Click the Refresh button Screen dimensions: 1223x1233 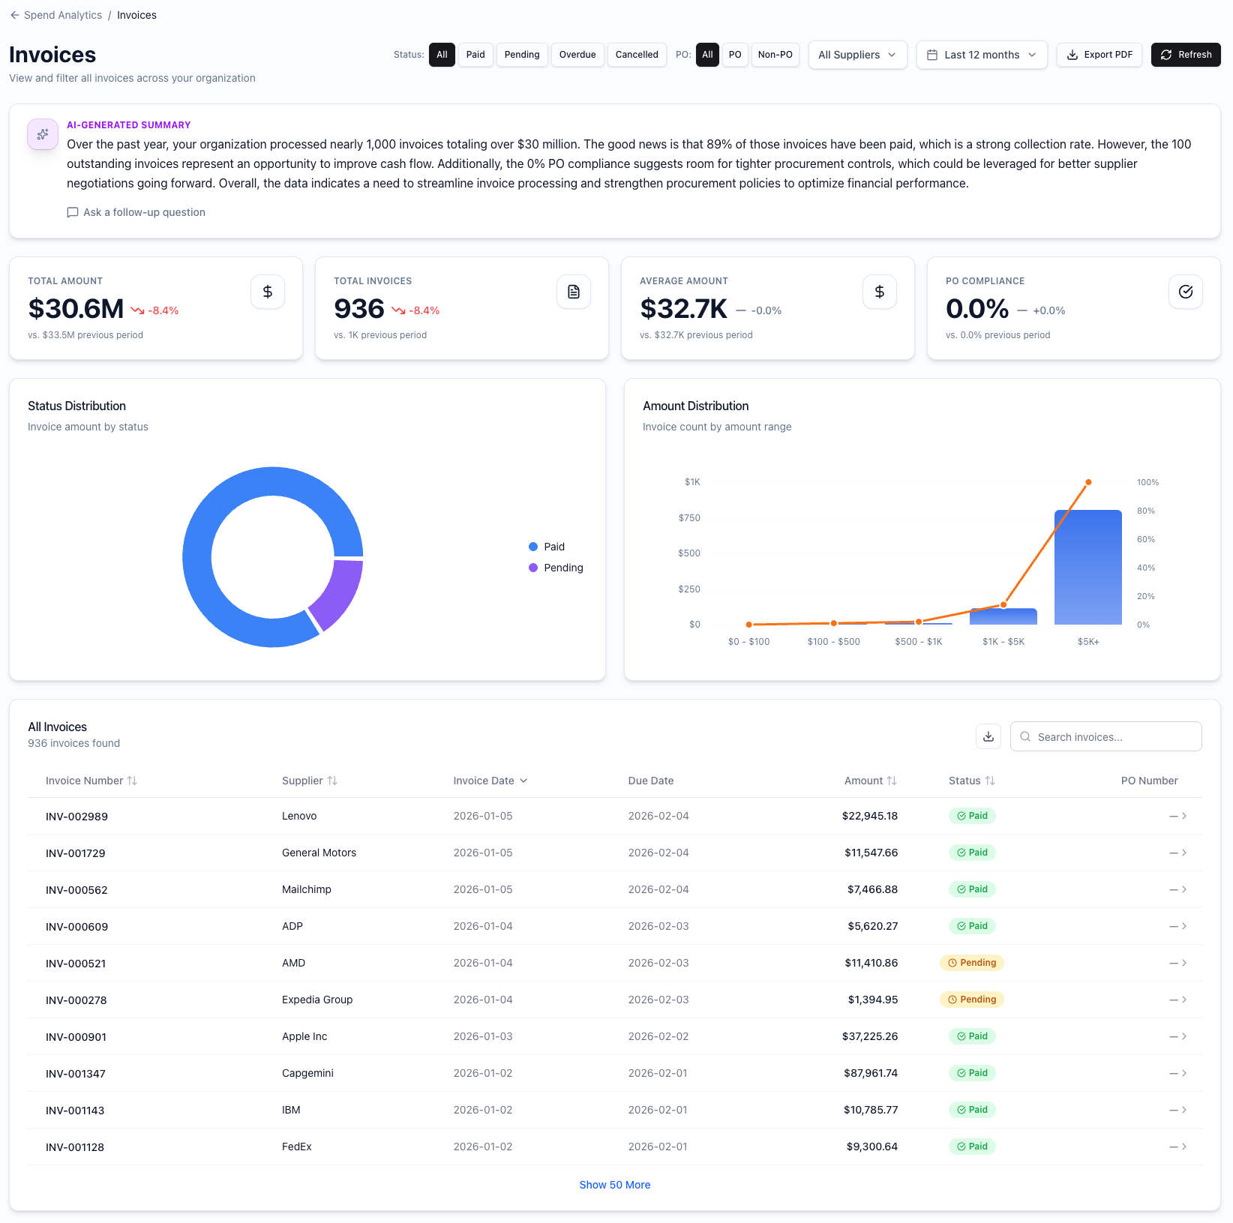pyautogui.click(x=1185, y=55)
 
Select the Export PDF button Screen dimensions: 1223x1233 pyautogui.click(x=1099, y=55)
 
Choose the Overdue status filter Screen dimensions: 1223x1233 pyautogui.click(x=577, y=55)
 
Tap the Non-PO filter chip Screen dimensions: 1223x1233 pyautogui.click(x=775, y=55)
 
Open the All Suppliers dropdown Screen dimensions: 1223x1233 pyautogui.click(x=856, y=55)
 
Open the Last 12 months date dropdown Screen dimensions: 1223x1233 pyautogui.click(x=981, y=55)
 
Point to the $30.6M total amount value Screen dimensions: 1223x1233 pyautogui.click(x=76, y=309)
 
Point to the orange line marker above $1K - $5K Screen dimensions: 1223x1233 pyautogui.click(x=1003, y=604)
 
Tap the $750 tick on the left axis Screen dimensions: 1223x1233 pyautogui.click(x=689, y=518)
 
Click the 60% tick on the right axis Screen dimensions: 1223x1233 pyautogui.click(x=1145, y=539)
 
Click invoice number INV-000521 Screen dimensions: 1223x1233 pyautogui.click(x=76, y=964)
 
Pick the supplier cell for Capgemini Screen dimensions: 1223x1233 pyautogui.click(x=307, y=1073)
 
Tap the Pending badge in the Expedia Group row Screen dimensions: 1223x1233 pyautogui.click(x=971, y=1000)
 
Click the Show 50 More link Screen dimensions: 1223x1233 pyautogui.click(x=614, y=1185)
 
